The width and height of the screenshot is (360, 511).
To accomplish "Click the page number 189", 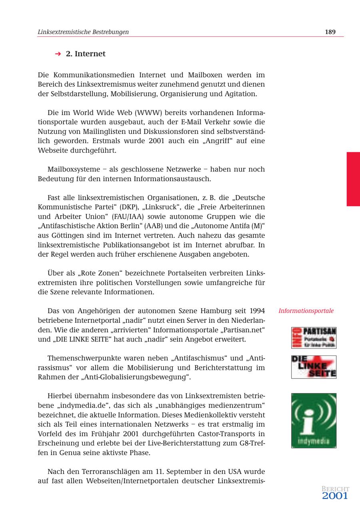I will point(330,32).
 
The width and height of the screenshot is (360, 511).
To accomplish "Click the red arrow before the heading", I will point(58,54).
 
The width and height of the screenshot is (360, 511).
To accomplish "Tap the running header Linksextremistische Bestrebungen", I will point(83,32).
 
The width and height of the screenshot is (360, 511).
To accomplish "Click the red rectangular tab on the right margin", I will point(353,179).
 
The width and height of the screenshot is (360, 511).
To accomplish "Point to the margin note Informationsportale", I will point(306,311).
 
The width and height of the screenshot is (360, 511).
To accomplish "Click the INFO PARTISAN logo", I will point(314,338).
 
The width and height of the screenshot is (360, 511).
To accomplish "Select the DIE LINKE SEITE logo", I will point(314,367).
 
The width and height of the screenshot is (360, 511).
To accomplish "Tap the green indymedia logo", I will point(314,420).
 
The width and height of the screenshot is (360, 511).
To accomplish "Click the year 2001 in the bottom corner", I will point(335,496).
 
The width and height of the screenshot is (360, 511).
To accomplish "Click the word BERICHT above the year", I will point(335,489).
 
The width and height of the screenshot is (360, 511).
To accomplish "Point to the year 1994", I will point(257,311).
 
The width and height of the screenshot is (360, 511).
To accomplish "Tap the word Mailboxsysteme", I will point(74,169).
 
